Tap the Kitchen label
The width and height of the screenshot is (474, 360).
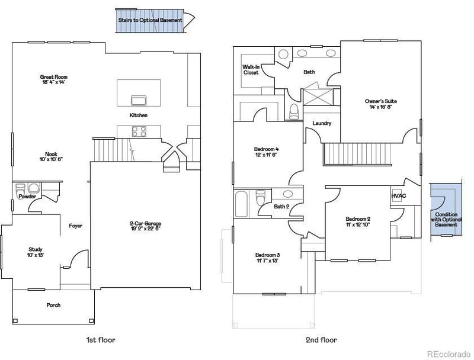tap(139, 115)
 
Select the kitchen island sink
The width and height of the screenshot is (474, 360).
tap(139, 98)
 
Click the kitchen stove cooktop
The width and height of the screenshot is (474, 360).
tap(139, 131)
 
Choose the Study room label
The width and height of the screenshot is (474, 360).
tap(36, 252)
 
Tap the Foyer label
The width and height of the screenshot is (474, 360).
tap(75, 226)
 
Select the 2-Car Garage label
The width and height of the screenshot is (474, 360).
tap(145, 226)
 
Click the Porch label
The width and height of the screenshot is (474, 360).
tap(53, 306)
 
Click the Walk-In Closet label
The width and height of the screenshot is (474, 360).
tap(251, 70)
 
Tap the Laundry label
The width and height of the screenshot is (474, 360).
tap(322, 123)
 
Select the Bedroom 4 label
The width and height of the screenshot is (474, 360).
tap(267, 151)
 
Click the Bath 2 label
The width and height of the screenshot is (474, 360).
tap(281, 207)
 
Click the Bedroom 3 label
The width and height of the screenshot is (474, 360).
tap(268, 258)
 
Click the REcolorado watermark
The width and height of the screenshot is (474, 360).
tap(449, 353)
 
